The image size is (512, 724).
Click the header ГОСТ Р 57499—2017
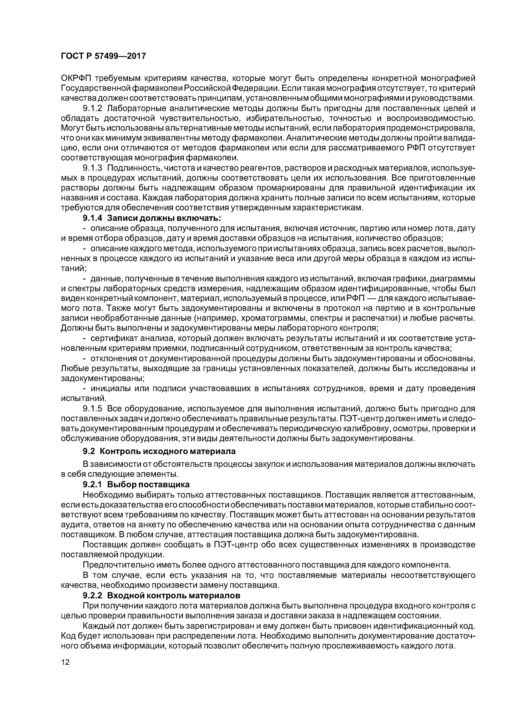pos(103,56)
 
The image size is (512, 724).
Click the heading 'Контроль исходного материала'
pos(167,451)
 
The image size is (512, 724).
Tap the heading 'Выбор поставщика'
pos(148,484)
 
